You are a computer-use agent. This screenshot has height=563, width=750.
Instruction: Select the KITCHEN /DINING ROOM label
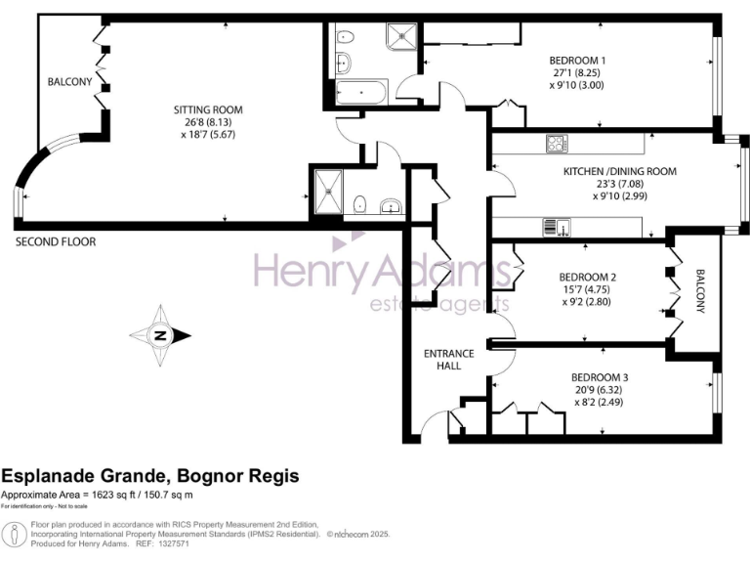[619, 171]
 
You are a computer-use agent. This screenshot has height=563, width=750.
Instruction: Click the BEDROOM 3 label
[600, 377]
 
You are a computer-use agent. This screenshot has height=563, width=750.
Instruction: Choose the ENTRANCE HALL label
[448, 359]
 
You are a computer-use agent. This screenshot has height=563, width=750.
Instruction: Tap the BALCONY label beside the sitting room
[69, 82]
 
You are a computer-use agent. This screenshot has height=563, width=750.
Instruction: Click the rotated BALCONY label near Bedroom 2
[700, 290]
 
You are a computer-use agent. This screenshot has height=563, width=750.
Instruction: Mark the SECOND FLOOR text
[55, 241]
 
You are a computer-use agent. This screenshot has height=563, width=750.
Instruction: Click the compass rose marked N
[159, 336]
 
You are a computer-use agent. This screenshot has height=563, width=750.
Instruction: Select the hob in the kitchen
[558, 144]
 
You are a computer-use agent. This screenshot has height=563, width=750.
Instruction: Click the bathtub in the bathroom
[360, 94]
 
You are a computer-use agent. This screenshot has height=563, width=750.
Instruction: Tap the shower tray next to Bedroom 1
[398, 36]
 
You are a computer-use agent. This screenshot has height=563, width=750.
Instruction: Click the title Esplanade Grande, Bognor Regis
[150, 476]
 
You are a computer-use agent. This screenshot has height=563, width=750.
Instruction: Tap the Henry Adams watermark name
[376, 269]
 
